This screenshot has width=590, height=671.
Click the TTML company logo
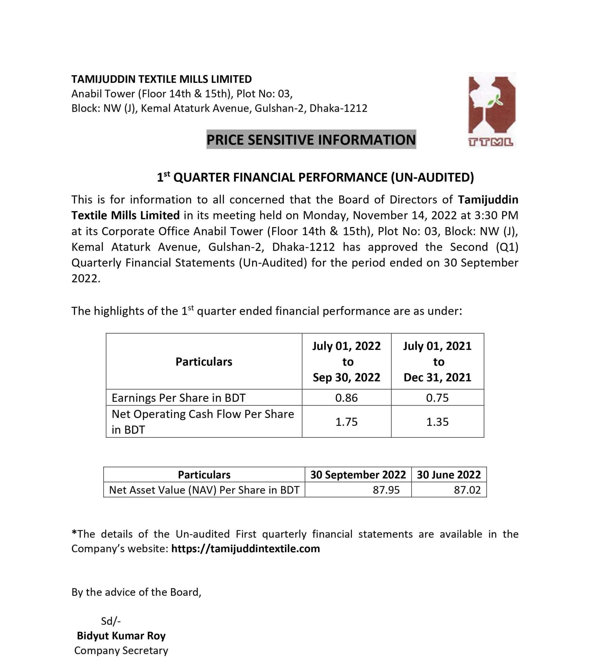tap(491, 110)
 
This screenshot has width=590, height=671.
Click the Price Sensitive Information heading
tap(311, 139)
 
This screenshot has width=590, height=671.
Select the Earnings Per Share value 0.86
tap(346, 398)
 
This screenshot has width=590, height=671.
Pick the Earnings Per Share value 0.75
tap(437, 398)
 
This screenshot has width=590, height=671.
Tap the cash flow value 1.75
tap(346, 422)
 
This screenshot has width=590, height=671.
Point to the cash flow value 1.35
tap(437, 422)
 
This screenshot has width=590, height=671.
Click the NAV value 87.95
tap(386, 490)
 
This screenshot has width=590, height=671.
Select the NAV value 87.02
tap(467, 490)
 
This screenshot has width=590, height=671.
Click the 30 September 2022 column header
tap(358, 475)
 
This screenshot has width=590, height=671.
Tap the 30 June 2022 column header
tap(449, 475)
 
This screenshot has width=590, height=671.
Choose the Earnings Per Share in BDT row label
tap(178, 398)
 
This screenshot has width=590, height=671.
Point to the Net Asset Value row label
tap(204, 490)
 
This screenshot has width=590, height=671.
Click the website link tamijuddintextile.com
tap(245, 549)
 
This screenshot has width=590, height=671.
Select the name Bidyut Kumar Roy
tap(121, 636)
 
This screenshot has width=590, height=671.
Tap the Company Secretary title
tap(121, 650)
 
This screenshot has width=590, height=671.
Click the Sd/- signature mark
tap(111, 621)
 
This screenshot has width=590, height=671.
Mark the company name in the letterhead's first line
tap(162, 79)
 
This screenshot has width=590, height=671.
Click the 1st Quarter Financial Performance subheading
tap(316, 177)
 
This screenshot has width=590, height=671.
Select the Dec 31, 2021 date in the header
tap(437, 377)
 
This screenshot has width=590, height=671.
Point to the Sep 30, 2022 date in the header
tap(346, 377)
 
